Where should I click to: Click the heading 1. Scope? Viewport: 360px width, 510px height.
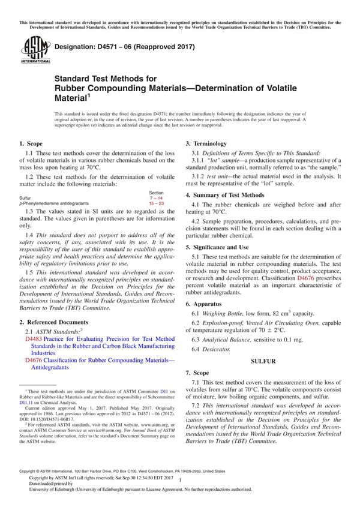coord(31,144)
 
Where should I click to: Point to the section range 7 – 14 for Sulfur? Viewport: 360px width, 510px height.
coord(155,197)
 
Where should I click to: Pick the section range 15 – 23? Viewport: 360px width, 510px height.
coord(155,203)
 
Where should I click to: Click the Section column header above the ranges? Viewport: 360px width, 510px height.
coord(156,192)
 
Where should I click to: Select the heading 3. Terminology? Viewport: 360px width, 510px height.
coord(206,144)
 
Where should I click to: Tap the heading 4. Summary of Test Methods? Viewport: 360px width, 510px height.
coord(224,195)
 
